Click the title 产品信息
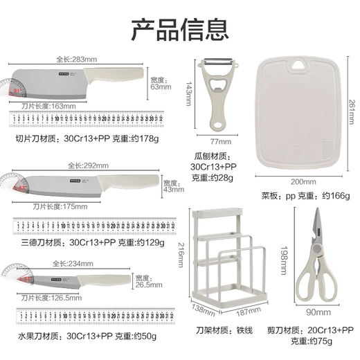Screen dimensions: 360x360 [x=179, y=30]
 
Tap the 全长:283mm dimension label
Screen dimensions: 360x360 [x=76, y=60]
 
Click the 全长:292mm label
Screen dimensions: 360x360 [x=88, y=165]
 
